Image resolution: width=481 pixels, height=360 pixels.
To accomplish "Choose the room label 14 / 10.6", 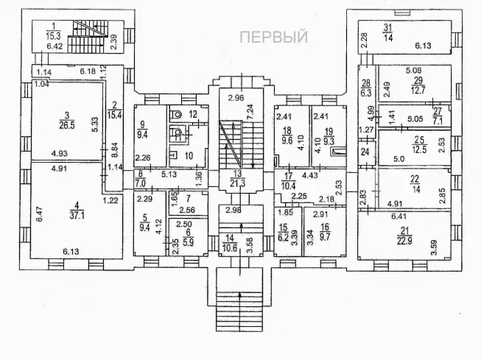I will click(232, 242).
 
